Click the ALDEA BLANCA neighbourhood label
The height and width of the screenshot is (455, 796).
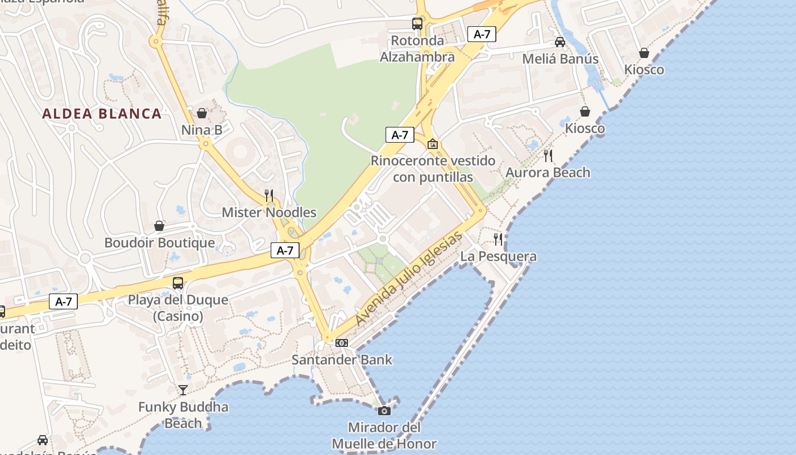click(x=102, y=114)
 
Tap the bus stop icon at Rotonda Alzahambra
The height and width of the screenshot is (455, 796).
click(x=417, y=24)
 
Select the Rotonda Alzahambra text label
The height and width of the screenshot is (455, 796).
click(x=417, y=49)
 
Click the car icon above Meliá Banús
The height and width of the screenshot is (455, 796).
click(x=560, y=42)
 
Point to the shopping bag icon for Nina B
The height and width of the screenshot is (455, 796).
click(x=202, y=113)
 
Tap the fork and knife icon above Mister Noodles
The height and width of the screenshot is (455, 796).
click(x=269, y=196)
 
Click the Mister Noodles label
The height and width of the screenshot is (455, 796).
click(x=269, y=213)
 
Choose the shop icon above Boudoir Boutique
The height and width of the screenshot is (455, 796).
click(x=159, y=226)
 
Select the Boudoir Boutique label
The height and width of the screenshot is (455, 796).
click(x=160, y=243)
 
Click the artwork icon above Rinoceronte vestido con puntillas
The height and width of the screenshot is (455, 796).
click(x=433, y=144)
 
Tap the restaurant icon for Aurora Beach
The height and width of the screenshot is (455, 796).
click(x=548, y=155)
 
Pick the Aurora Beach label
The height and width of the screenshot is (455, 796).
click(x=548, y=173)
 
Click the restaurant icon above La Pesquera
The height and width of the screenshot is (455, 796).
click(x=498, y=239)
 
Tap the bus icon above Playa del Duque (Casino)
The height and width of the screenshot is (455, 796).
click(x=178, y=283)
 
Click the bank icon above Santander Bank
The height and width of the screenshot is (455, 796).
click(x=342, y=342)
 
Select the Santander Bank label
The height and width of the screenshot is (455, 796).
click(x=342, y=359)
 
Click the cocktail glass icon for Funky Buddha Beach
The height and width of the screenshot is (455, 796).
click(x=183, y=390)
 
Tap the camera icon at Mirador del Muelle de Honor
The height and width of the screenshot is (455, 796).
click(x=384, y=410)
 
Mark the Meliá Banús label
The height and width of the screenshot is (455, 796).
click(x=560, y=59)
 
